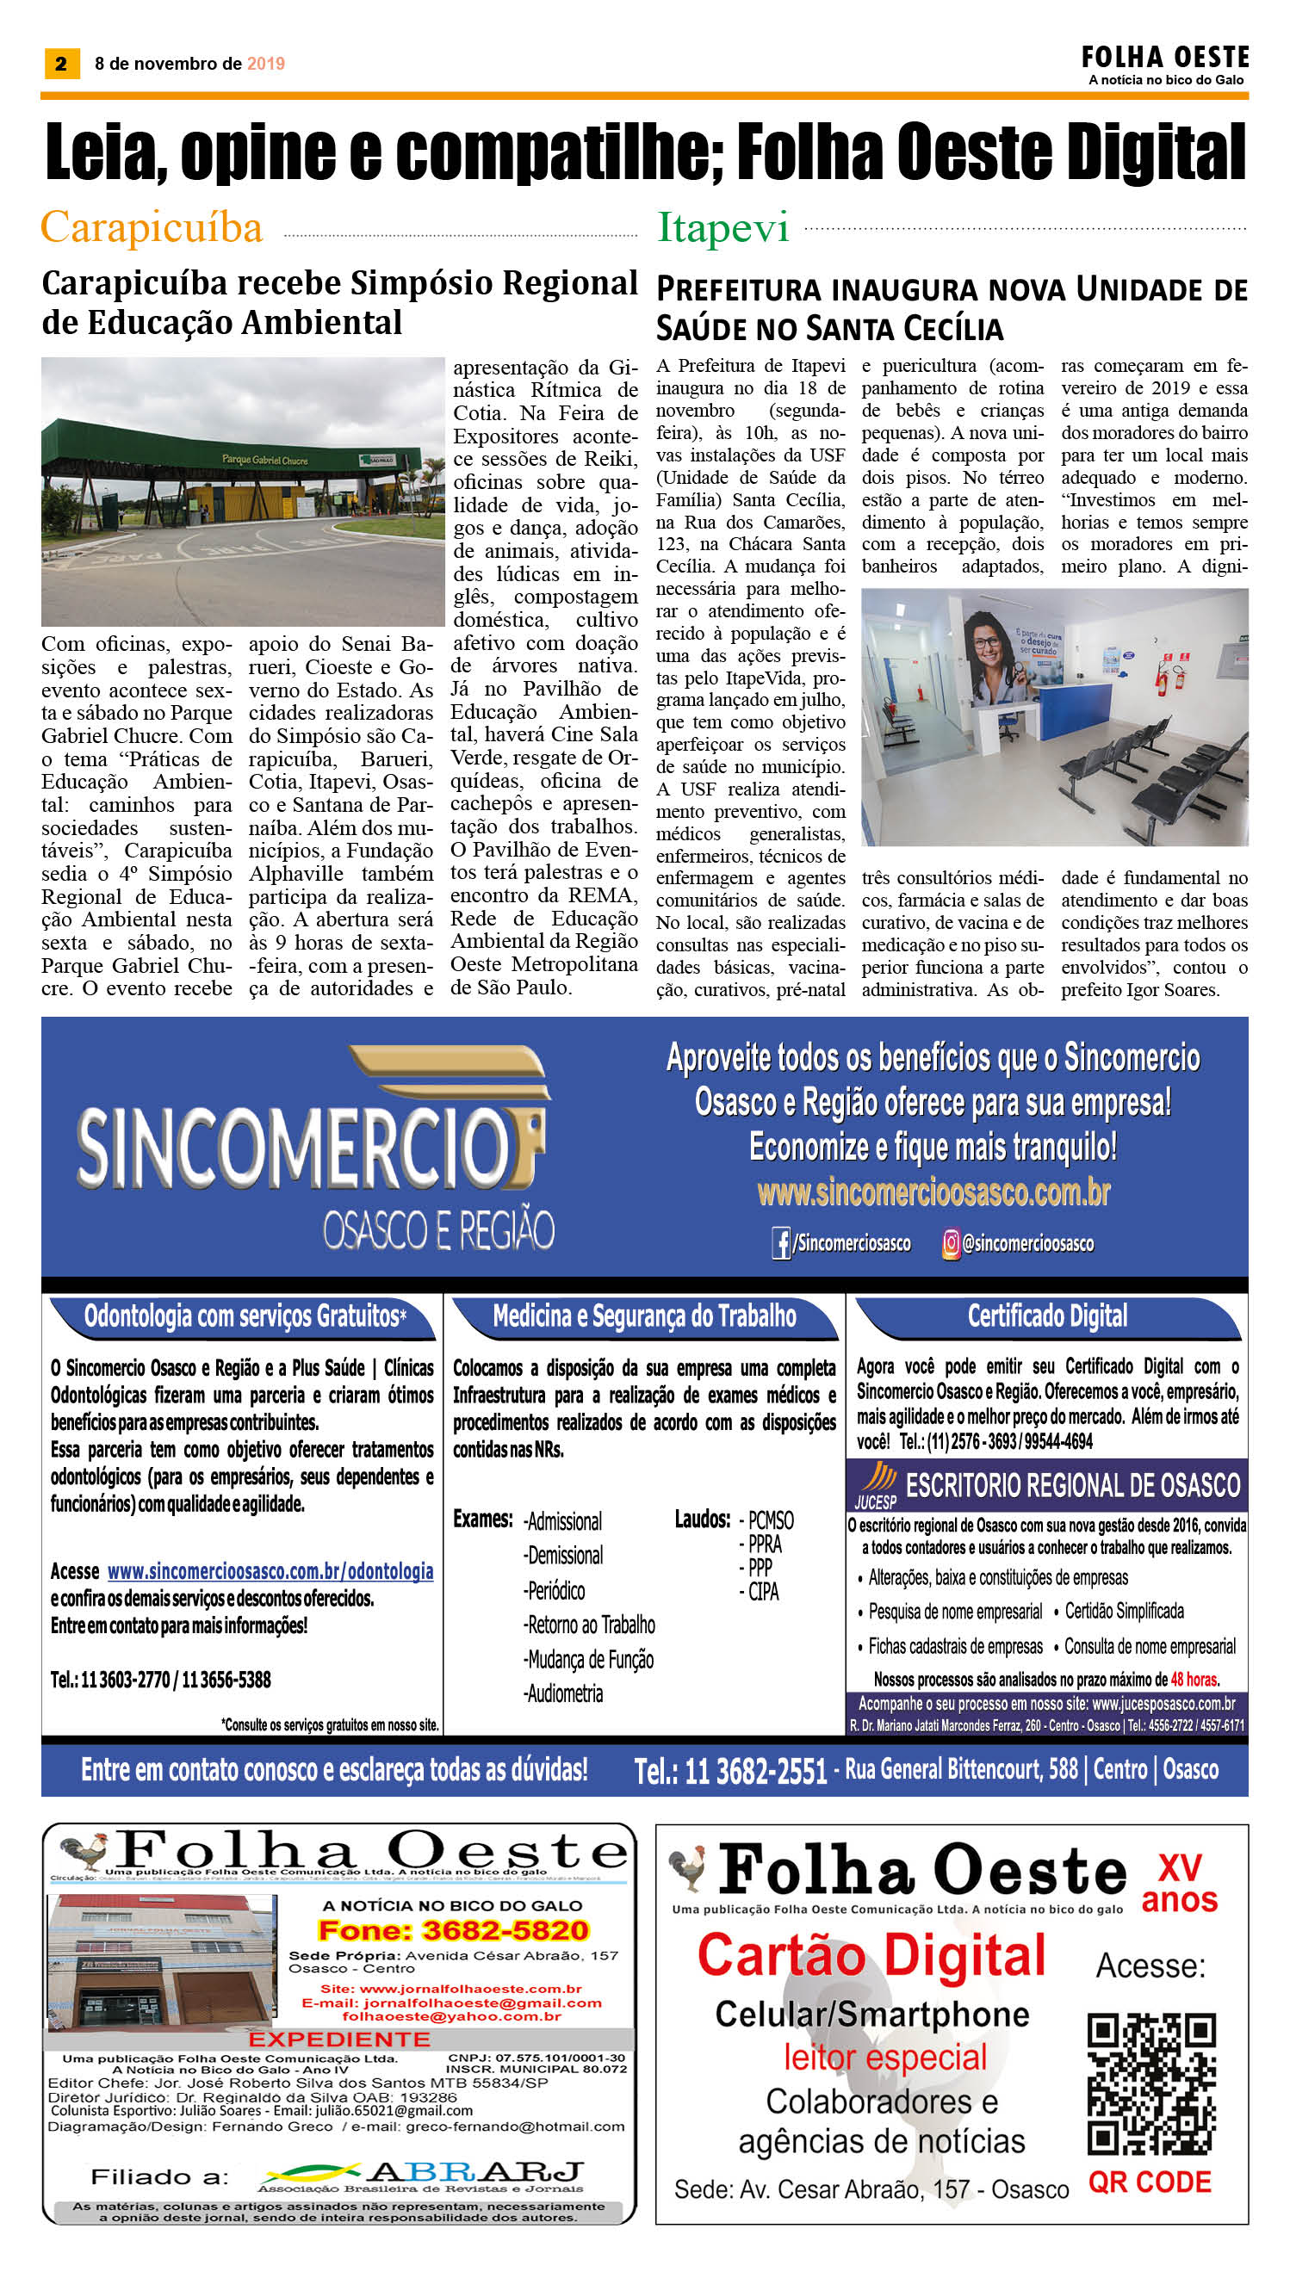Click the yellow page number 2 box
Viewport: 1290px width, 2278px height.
[x=61, y=64]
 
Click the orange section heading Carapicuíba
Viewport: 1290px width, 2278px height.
[x=152, y=227]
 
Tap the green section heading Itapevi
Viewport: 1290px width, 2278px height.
[x=723, y=228]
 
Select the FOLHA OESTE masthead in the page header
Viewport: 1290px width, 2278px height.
[x=1164, y=59]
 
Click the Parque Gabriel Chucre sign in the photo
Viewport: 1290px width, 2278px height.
[x=264, y=460]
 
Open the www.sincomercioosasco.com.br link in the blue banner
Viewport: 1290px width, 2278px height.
[x=933, y=1192]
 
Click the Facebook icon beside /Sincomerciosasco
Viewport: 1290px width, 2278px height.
[x=780, y=1243]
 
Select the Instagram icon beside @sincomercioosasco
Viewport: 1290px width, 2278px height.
[x=950, y=1243]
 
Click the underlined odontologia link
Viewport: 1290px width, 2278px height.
[x=270, y=1571]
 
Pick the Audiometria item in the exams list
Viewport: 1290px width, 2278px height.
[x=563, y=1693]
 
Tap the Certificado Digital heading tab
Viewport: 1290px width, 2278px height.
[x=1047, y=1316]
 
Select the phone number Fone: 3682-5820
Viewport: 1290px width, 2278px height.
[x=453, y=1931]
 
